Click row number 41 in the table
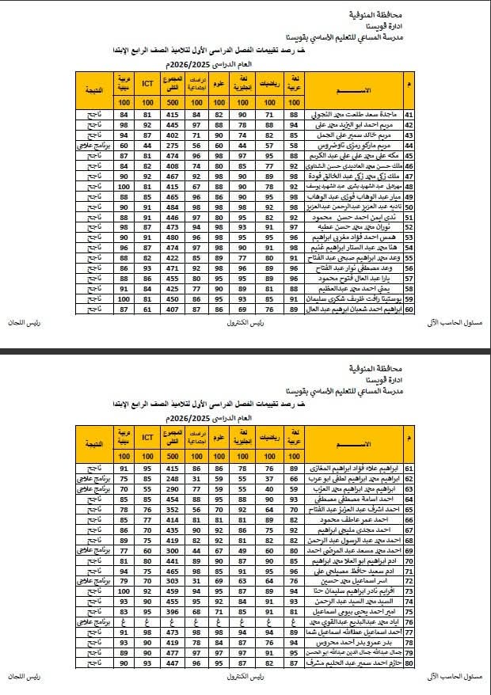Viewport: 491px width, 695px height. tap(409, 115)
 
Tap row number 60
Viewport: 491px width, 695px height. tap(409, 310)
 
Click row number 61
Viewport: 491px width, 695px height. tap(409, 469)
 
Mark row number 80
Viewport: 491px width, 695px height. tap(409, 663)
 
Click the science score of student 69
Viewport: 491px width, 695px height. tap(220, 551)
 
